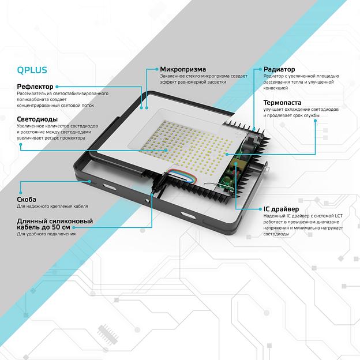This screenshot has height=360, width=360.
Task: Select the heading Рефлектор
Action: [36, 87]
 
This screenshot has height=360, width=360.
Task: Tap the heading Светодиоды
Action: [37, 119]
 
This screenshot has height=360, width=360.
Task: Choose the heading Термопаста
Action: [282, 102]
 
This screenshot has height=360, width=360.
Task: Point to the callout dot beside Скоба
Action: [20, 193]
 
